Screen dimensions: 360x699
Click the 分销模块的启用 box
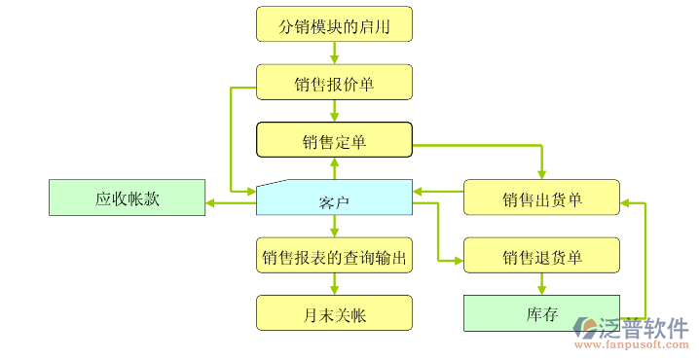[x=334, y=24]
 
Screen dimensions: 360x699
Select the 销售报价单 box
[x=334, y=82]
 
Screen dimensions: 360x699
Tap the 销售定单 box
[x=334, y=140]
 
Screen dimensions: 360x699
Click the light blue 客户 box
[x=334, y=199]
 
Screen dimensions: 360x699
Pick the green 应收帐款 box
[x=127, y=198]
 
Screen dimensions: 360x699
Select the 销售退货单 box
[x=541, y=256]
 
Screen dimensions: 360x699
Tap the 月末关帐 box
[x=334, y=313]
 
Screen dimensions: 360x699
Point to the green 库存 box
[x=541, y=313]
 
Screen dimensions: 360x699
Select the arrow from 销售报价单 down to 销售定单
[x=334, y=111]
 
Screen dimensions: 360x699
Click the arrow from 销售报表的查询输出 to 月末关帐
[x=334, y=284]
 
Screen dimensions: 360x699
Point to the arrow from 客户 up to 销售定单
[x=334, y=168]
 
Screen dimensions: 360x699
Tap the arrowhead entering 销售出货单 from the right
[x=626, y=202]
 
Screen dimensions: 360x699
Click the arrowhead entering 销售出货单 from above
[x=541, y=174]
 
